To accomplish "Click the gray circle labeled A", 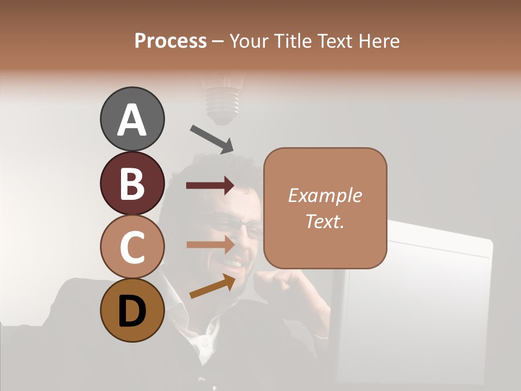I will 132,119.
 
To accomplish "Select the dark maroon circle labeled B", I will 132,183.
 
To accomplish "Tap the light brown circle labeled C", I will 132,247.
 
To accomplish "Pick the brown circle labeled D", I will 132,310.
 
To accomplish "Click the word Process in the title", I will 170,41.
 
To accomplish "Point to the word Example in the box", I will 325,195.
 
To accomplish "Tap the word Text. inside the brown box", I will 325,221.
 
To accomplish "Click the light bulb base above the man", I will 223,103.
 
